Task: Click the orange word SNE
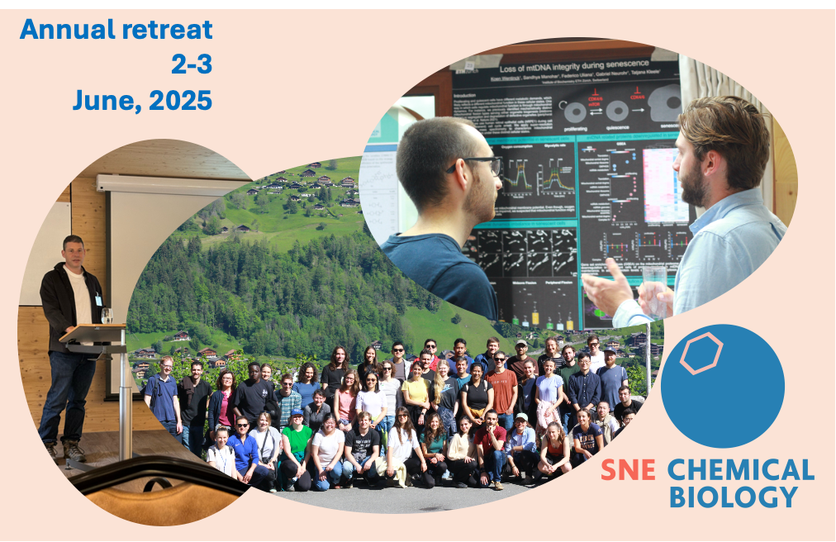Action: [x=628, y=470]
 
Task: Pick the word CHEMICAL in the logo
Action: [x=740, y=470]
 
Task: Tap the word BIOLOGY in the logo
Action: [x=733, y=497]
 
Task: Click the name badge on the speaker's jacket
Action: [x=98, y=300]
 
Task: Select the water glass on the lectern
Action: [x=107, y=316]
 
